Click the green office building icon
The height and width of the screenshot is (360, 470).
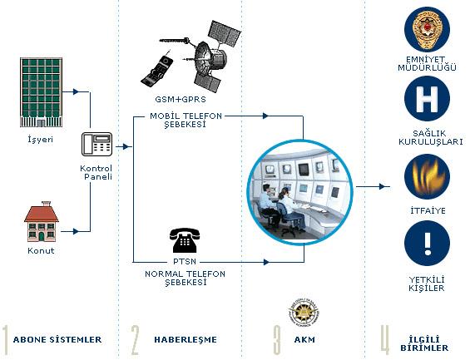tap(41, 92)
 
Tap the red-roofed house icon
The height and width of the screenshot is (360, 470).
tap(42, 222)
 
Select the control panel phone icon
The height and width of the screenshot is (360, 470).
tap(96, 145)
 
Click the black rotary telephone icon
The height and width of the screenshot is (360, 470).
tap(185, 240)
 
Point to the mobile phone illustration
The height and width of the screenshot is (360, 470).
tap(157, 71)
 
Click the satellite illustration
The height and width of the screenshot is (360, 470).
tap(207, 57)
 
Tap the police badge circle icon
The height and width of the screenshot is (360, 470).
tap(427, 29)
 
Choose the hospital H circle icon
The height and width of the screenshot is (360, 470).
tap(427, 99)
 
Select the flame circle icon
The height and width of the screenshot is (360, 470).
tap(427, 177)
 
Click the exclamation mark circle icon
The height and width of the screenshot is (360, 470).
tap(427, 244)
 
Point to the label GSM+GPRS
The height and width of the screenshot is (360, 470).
tap(181, 100)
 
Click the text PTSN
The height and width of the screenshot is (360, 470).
tap(185, 262)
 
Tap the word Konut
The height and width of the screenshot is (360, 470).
tap(41, 251)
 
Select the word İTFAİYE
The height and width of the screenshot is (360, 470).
tap(428, 210)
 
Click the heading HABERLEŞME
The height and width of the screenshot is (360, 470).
tap(186, 339)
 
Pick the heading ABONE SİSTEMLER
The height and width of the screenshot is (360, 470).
tap(57, 339)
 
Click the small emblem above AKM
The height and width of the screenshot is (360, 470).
tap(304, 313)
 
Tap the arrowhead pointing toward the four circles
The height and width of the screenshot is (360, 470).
tap(382, 186)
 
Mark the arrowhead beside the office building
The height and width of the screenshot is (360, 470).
tap(76, 91)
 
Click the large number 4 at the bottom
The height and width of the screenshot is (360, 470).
tap(385, 338)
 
